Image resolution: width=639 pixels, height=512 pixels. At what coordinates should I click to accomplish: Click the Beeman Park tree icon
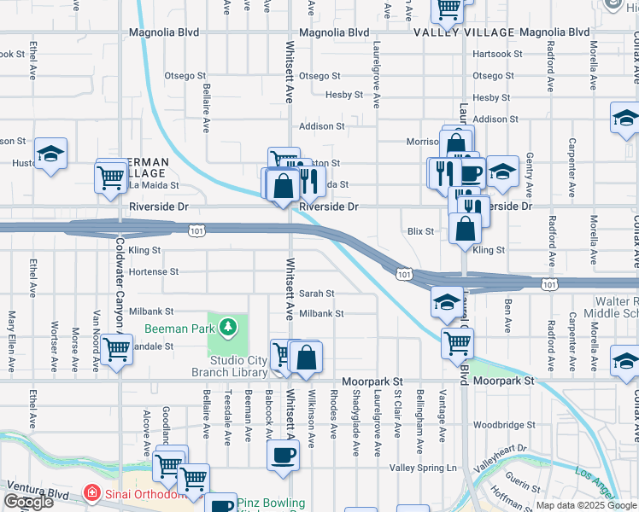coord(228,327)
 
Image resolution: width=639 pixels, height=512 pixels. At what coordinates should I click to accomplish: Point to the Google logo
coord(27,502)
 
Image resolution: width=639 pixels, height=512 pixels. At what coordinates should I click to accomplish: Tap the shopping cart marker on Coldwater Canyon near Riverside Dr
coord(111,177)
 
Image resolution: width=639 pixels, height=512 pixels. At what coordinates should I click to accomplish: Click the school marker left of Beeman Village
coord(51,154)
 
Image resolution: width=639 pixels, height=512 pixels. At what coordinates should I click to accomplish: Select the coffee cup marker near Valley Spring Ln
coord(283,455)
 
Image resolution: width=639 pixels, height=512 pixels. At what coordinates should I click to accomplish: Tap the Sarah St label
coord(316,293)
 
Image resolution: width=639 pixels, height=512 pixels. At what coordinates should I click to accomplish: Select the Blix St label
coord(421,230)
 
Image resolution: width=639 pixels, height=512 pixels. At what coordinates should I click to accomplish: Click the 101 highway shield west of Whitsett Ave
coord(197,230)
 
